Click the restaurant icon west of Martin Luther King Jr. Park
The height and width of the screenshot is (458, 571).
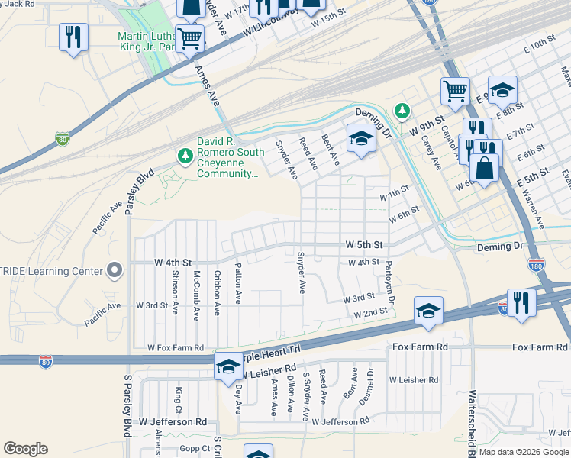coord(73,37)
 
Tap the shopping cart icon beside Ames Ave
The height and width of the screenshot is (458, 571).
coord(189,37)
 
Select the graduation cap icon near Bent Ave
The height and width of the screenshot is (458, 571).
coord(360,138)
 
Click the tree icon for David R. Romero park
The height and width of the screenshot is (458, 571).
coord(184,156)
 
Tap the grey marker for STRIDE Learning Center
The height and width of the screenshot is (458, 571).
coord(115,270)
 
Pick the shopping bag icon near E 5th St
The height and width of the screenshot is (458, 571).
coord(484,166)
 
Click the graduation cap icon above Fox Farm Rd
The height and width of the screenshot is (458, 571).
coord(428,310)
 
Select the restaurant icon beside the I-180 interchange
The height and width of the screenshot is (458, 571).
coord(521,302)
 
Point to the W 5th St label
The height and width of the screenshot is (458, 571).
coord(363,245)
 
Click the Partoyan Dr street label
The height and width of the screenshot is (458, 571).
coord(389,279)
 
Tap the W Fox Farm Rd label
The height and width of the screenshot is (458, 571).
coord(176,348)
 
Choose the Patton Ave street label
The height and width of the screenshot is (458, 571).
coord(238,282)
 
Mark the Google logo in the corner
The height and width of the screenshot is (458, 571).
coord(25,449)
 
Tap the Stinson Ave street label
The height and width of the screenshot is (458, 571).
coord(175,282)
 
